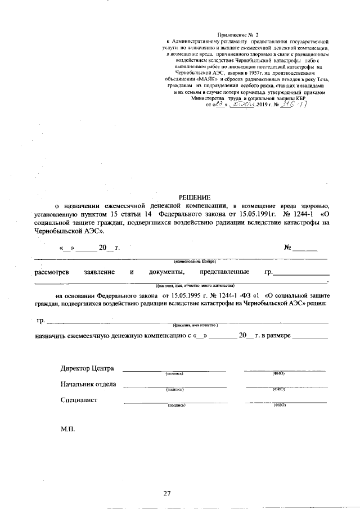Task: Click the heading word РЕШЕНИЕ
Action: [194, 197]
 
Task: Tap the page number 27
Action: [166, 493]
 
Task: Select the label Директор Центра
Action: [87, 369]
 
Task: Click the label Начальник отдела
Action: [88, 385]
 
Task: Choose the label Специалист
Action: [79, 400]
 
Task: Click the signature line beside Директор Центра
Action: [174, 371]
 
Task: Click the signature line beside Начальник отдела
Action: [174, 386]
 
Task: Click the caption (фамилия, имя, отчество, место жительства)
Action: [191, 286]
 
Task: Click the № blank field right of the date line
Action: [305, 249]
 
